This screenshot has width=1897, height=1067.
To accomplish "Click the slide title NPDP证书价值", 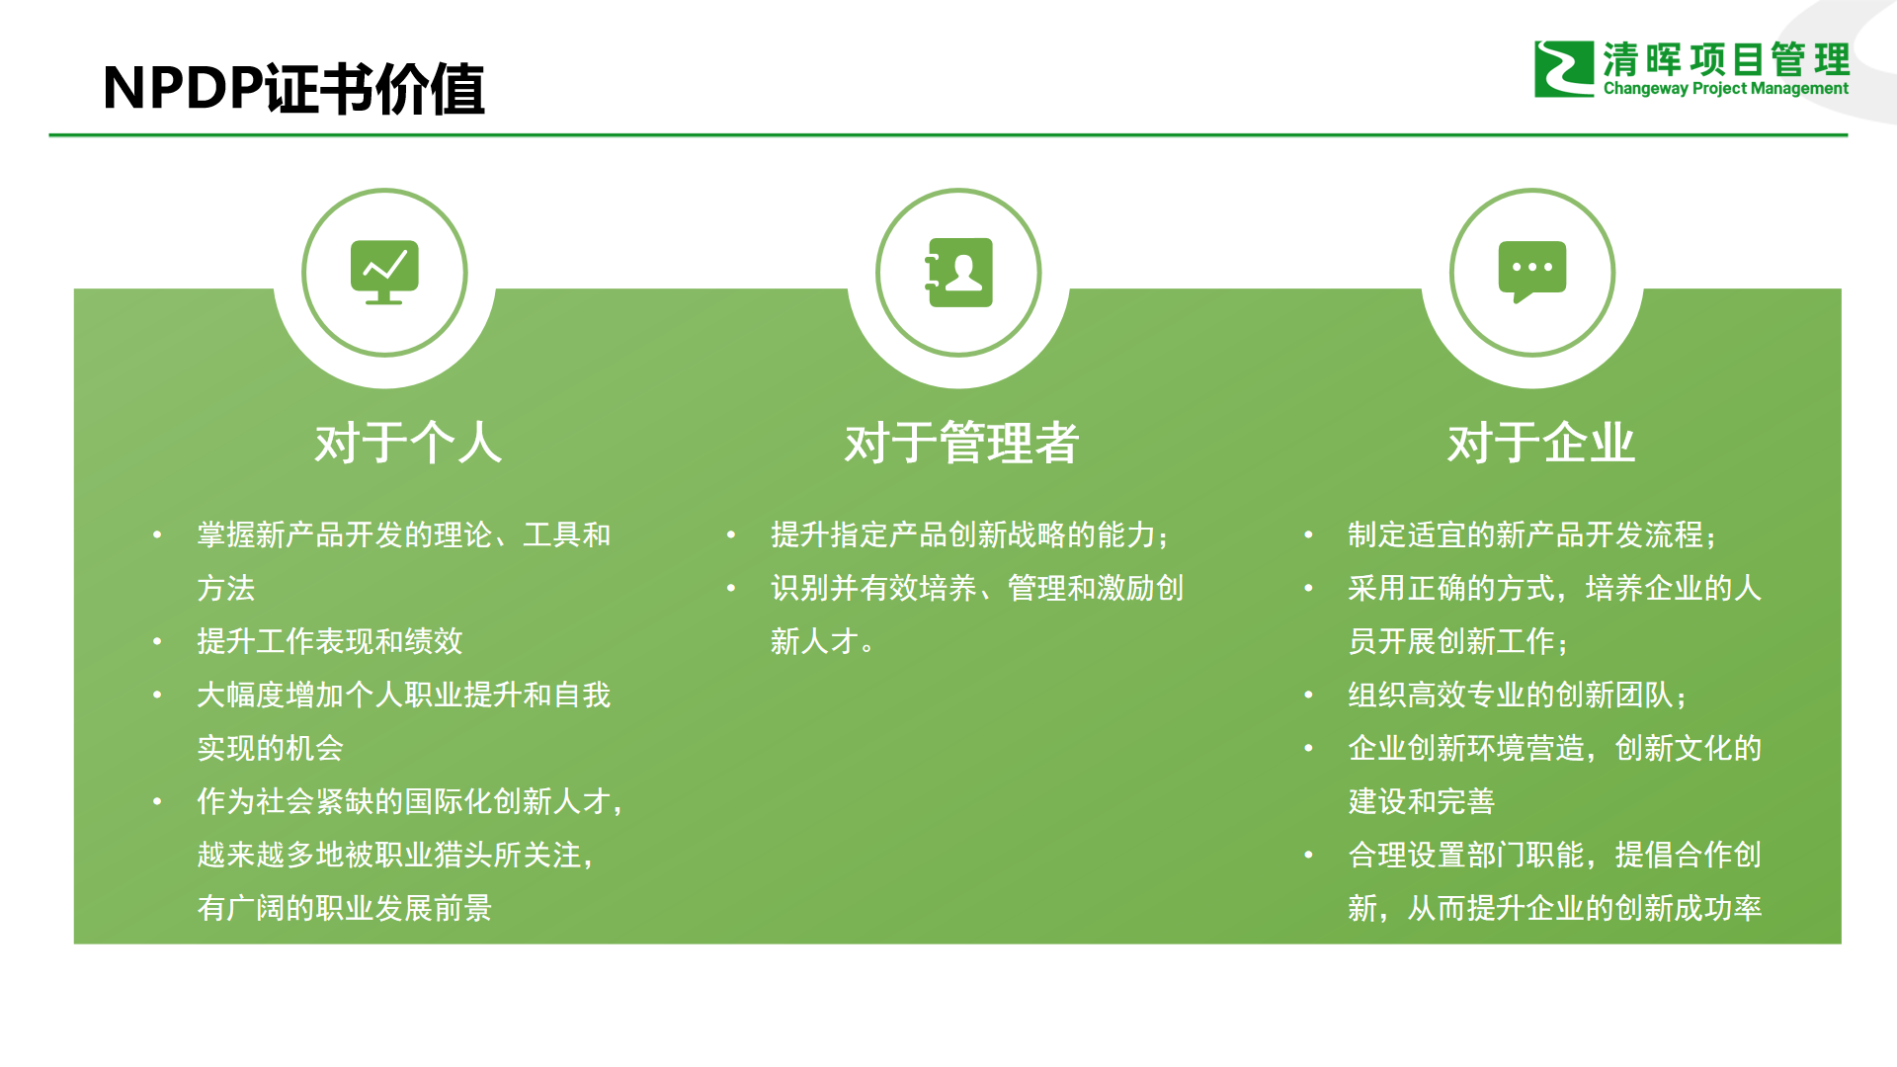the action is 293,89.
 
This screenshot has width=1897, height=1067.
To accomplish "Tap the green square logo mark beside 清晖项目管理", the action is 1564,69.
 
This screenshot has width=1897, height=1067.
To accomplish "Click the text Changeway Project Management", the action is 1725,89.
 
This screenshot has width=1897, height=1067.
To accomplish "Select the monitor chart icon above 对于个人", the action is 384,272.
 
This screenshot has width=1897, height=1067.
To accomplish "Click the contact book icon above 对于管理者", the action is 958,272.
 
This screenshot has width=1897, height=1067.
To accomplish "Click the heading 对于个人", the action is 408,443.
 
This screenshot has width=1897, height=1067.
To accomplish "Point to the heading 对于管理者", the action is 961,443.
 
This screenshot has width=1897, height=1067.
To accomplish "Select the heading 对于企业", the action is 1541,443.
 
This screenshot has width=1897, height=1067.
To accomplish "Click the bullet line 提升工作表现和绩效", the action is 330,641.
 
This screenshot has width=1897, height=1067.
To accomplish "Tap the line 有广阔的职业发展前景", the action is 345,908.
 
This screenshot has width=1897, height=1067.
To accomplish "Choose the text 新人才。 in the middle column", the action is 822,641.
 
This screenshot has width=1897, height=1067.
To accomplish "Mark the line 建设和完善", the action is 1422,801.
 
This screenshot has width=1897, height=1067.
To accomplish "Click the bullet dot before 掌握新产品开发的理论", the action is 157,534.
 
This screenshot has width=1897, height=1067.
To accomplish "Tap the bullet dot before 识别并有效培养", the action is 731,588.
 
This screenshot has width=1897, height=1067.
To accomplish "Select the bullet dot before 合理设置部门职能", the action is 1309,855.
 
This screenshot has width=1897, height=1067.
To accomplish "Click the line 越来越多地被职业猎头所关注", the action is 395,855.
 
